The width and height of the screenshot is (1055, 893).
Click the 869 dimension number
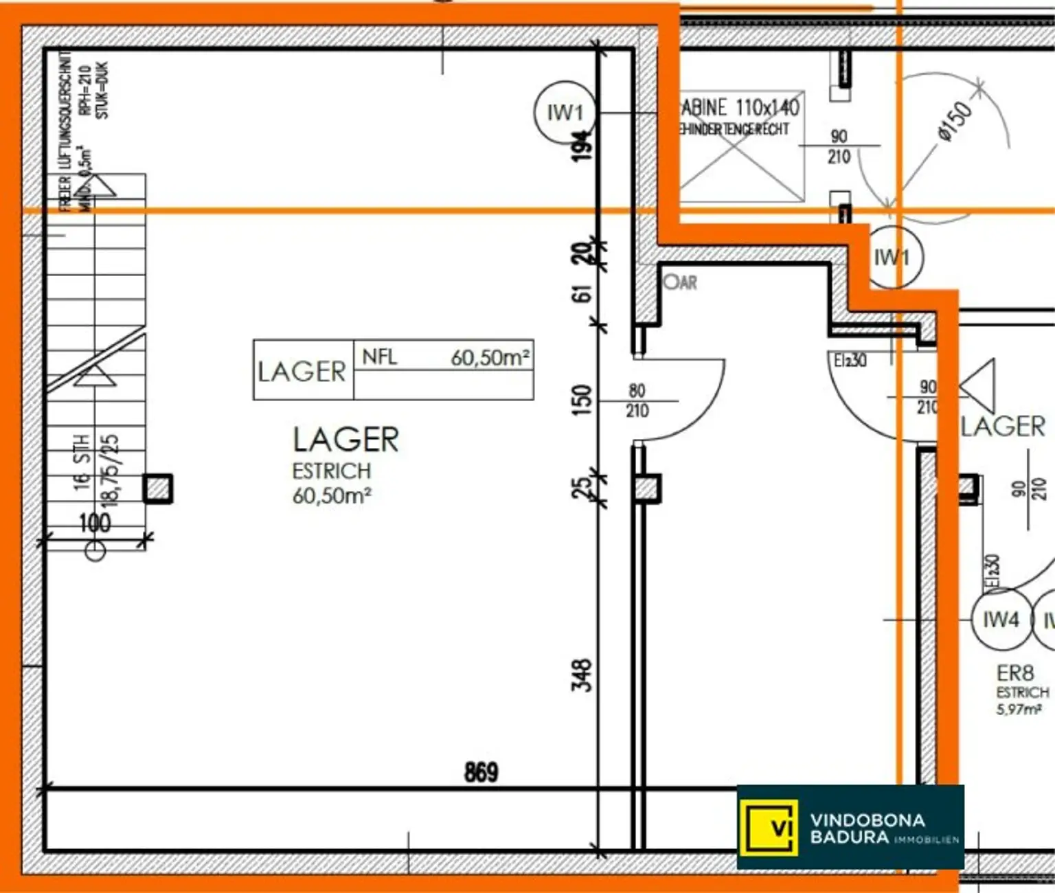coord(481,772)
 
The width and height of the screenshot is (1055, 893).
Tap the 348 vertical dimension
coord(582,675)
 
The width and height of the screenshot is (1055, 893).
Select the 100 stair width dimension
coord(95,523)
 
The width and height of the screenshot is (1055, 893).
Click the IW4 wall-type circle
coord(1001,620)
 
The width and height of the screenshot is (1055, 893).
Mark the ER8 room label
coord(1015,672)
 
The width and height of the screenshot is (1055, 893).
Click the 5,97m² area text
coord(1019,710)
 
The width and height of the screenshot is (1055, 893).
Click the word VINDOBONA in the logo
coord(867,819)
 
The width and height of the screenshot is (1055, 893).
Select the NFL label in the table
coord(379,357)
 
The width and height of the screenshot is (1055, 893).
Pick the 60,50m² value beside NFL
coord(490,357)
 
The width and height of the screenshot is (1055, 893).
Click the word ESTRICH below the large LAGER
coord(331,471)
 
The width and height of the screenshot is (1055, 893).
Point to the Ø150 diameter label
coord(955,122)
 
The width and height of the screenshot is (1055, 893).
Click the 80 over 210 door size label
coord(637,400)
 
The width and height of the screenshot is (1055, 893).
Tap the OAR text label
coord(681,282)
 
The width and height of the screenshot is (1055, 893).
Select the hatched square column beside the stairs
coord(158,489)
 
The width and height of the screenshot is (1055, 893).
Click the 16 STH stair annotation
coord(82,462)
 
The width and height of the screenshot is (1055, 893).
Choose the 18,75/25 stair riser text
coord(110,471)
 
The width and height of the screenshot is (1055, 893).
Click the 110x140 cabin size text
coord(767,108)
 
